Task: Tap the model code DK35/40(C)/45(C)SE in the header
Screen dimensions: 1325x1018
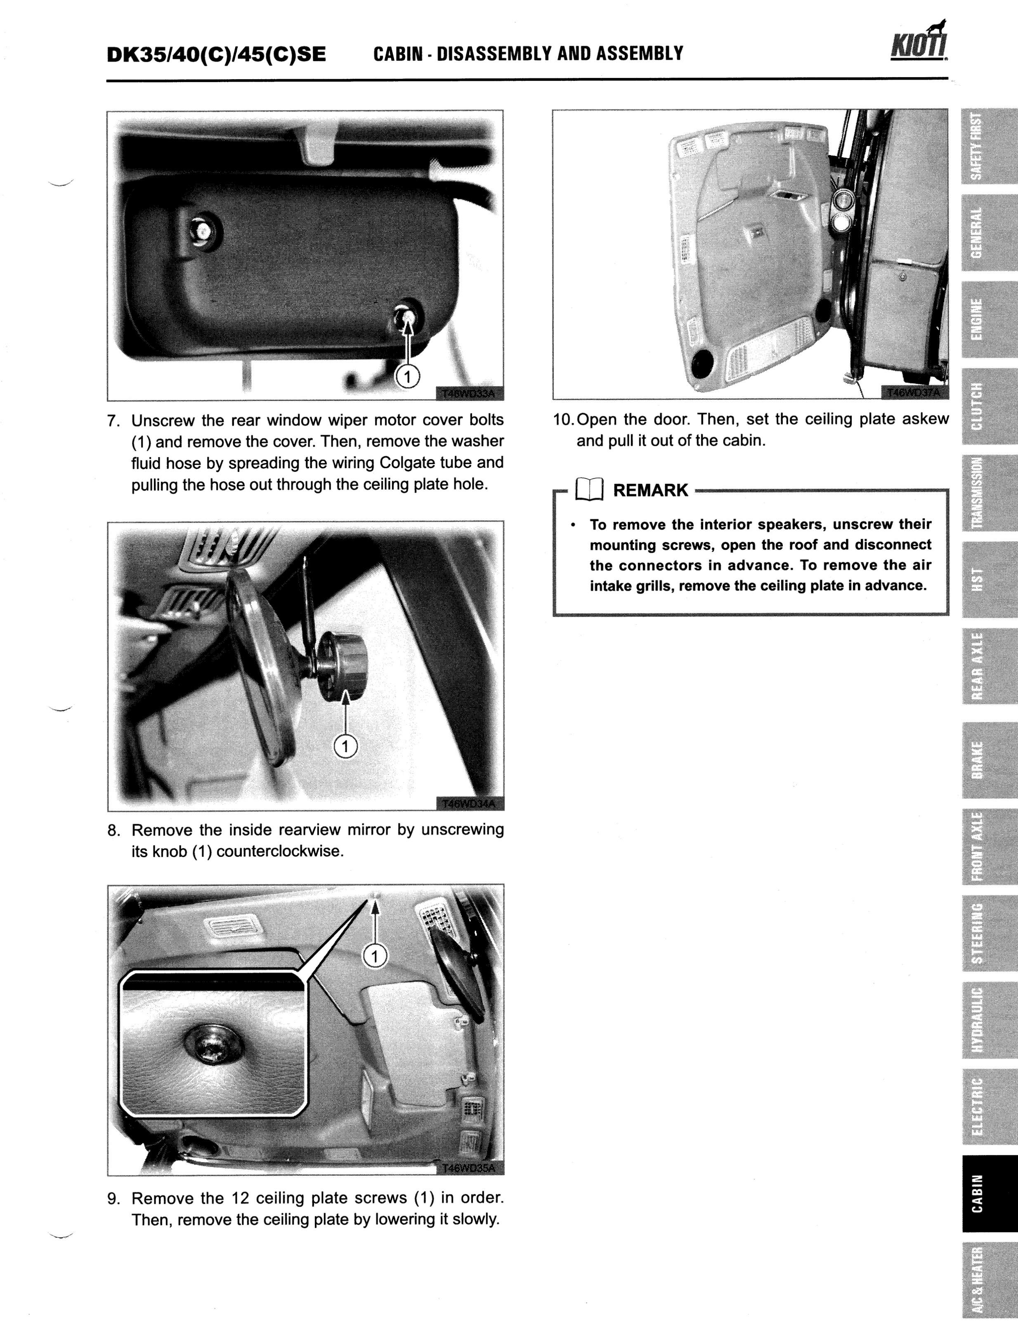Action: [216, 54]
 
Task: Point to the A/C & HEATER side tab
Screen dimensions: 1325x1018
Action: [977, 1278]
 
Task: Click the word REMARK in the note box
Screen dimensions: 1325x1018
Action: [650, 490]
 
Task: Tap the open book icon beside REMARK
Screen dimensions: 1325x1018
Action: [589, 490]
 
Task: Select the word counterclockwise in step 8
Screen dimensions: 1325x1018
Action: [280, 851]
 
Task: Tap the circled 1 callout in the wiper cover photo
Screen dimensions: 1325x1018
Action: [407, 377]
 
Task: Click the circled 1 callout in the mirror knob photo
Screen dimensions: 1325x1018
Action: [345, 746]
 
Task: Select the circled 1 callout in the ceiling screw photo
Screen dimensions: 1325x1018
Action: [375, 956]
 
